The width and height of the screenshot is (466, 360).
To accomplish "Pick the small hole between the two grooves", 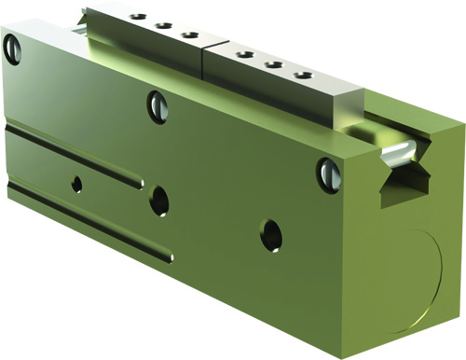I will [x=76, y=184].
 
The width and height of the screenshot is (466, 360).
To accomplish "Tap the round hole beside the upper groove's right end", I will [x=159, y=198].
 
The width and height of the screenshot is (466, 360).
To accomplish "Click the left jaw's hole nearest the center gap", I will [x=190, y=36].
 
